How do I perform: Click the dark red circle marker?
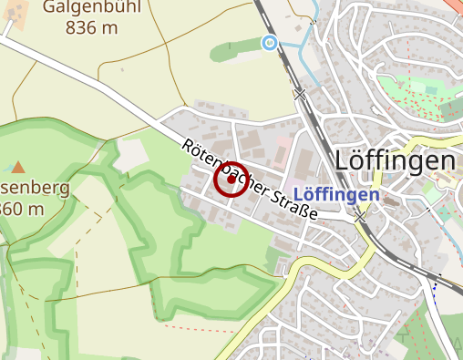(x=230, y=180)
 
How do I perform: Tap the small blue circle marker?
(x=269, y=43)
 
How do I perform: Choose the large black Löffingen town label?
(x=395, y=160)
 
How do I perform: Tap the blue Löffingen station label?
(x=337, y=195)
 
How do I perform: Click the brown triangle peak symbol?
(x=18, y=167)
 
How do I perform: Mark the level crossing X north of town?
(x=300, y=93)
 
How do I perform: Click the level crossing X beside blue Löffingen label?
(x=361, y=218)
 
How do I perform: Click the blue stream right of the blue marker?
(x=304, y=55)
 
